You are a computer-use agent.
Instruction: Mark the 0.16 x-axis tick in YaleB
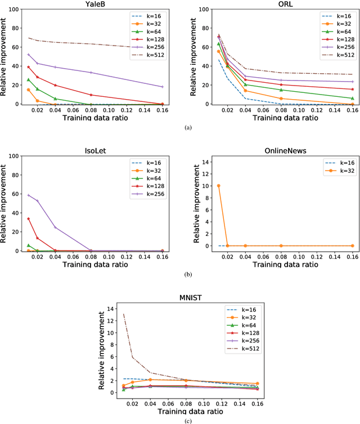coord(163,110)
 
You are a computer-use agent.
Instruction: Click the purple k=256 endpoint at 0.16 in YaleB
coord(163,87)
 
